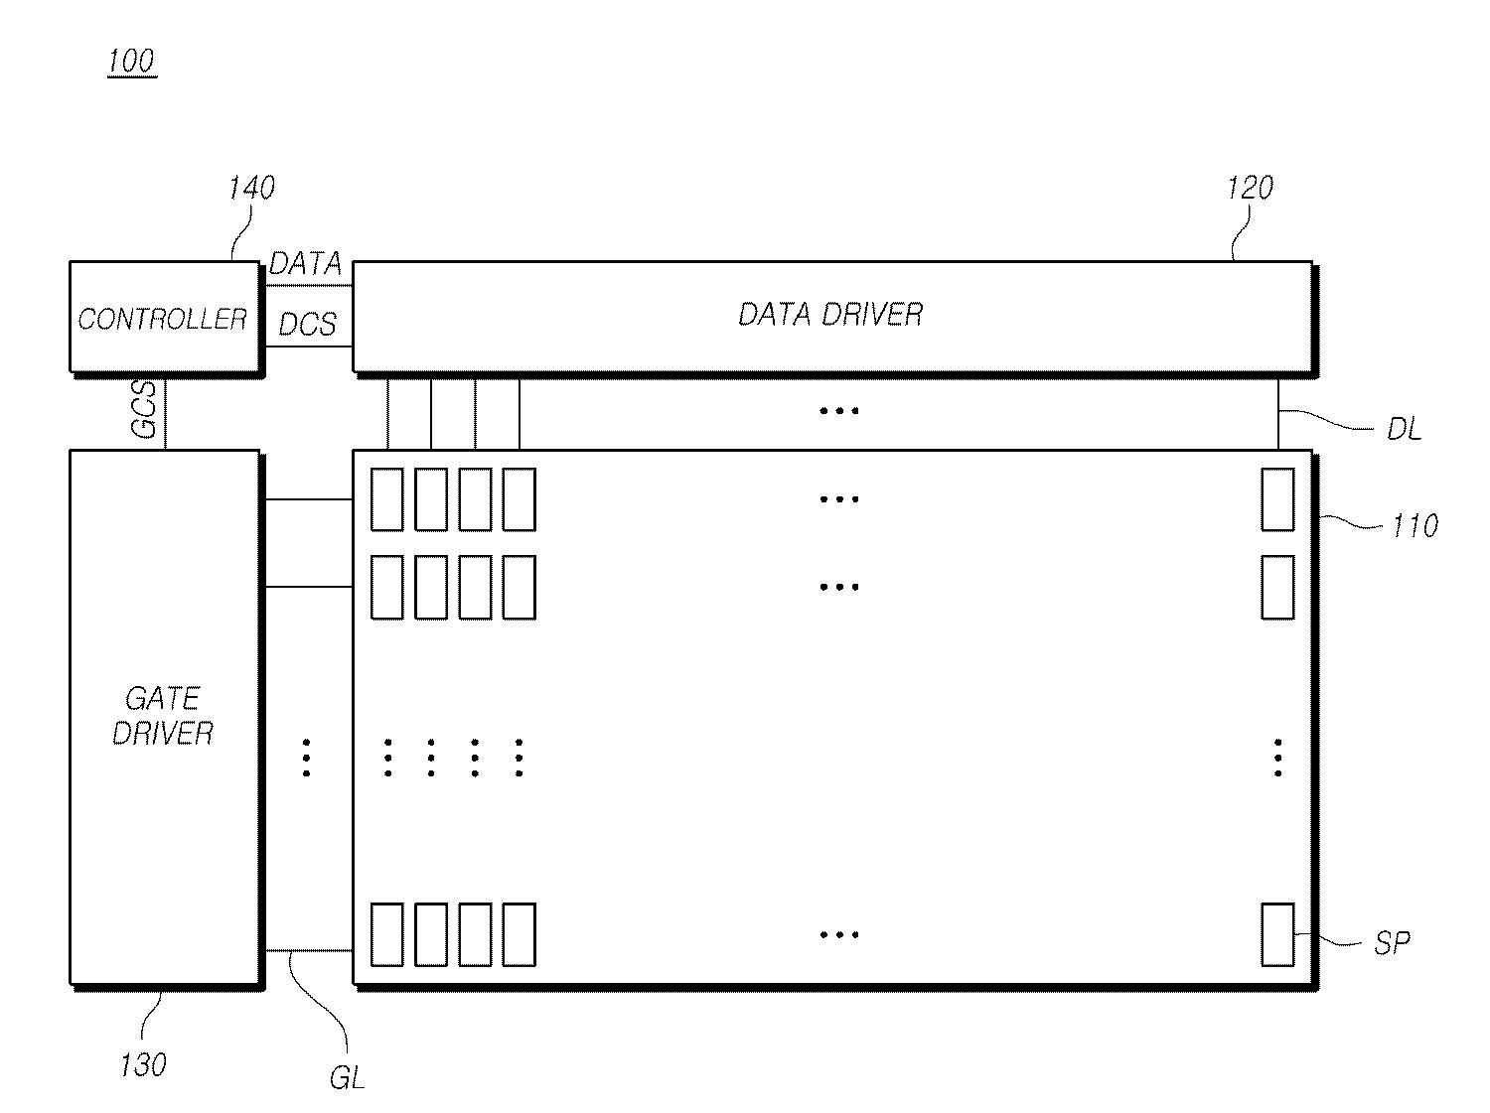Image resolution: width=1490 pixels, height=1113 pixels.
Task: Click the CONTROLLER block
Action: point(164,318)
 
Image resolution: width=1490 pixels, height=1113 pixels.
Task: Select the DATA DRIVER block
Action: point(831,316)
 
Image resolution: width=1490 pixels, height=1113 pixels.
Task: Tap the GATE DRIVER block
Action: point(164,716)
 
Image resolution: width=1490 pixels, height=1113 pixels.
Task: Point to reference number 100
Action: point(131,62)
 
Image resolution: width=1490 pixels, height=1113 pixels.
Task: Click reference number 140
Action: point(251,188)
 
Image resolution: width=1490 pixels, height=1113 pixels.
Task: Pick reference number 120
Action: point(1249,188)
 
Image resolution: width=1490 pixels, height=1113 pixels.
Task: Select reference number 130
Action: point(143,1065)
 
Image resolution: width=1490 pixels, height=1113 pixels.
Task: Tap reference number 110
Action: point(1415,525)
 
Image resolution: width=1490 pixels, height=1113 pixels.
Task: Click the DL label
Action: point(1404,430)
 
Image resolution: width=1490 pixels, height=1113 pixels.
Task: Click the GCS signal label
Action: point(145,410)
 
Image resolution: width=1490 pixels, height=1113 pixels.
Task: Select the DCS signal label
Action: point(307,325)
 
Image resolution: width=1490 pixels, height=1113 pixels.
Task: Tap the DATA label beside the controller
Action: point(305,264)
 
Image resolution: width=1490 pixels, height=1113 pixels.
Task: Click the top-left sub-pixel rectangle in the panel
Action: point(387,499)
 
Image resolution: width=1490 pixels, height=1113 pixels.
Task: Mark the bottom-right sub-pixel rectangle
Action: point(1277,934)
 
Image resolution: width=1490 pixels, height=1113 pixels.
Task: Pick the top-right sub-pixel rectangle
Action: point(1277,499)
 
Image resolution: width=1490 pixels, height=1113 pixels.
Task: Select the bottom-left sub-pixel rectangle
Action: point(387,934)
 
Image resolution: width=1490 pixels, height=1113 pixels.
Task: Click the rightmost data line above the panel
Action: point(1278,413)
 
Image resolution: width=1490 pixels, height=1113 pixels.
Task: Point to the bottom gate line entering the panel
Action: point(309,950)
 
